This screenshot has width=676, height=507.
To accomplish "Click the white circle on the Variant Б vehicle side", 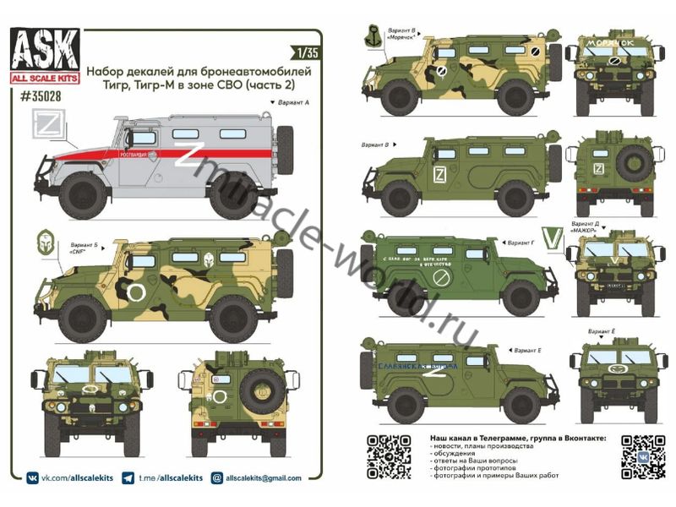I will pos(135,292).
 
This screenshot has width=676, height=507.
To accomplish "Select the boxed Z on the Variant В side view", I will pos(439,176).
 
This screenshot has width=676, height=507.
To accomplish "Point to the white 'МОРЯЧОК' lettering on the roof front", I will pos(614,41).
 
